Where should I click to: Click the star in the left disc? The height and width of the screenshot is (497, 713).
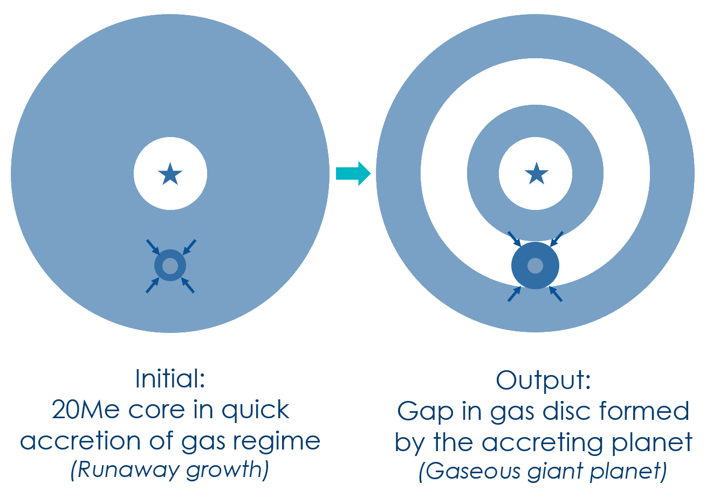pyautogui.click(x=170, y=174)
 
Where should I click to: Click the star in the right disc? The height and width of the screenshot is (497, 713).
pyautogui.click(x=536, y=174)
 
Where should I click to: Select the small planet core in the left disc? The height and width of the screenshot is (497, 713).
pyautogui.click(x=170, y=265)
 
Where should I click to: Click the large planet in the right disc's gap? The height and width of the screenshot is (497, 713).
pyautogui.click(x=535, y=265)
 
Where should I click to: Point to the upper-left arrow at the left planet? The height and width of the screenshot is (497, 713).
pyautogui.click(x=153, y=247)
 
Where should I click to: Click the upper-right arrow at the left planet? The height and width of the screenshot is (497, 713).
pyautogui.click(x=189, y=247)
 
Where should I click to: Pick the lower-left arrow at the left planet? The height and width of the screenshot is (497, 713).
pyautogui.click(x=153, y=285)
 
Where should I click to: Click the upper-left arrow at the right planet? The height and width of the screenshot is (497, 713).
pyautogui.click(x=514, y=239)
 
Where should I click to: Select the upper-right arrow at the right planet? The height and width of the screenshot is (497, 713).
pyautogui.click(x=557, y=239)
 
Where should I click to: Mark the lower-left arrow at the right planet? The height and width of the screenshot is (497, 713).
pyautogui.click(x=515, y=294)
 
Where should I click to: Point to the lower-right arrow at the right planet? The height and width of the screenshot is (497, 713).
pyautogui.click(x=556, y=294)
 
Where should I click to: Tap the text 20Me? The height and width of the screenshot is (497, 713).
pyautogui.click(x=87, y=411)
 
